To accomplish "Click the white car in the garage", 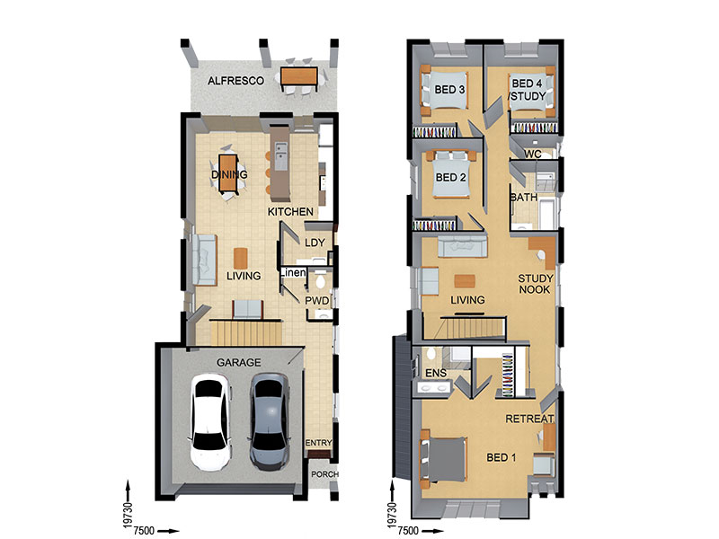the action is point(210,422).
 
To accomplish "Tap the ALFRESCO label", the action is point(235,81).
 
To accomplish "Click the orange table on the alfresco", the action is point(299,76).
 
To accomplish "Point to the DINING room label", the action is point(229,174).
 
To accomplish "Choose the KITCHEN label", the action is point(290,212).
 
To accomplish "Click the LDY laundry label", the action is point(315,243).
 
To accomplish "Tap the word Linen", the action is point(293,273).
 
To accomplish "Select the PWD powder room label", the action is point(317,301).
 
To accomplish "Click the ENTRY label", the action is point(319,443).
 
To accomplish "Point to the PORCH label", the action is point(324,474).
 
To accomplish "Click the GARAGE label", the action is point(238,363).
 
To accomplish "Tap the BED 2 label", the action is point(451,177).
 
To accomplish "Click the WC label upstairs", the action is point(532,154).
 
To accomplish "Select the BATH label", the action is point(524,197).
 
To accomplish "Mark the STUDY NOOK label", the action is point(535,284).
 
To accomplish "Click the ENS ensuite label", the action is point(436,373).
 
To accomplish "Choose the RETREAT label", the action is point(529,419).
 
